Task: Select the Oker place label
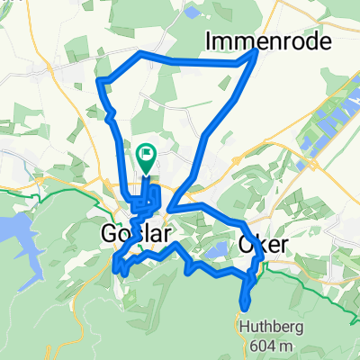tap(266, 244)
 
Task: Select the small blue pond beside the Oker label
tap(219, 249)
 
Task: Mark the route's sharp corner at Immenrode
tap(256, 51)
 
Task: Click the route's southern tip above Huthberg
tap(244, 303)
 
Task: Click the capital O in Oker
tap(247, 244)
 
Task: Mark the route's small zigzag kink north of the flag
tap(109, 115)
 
